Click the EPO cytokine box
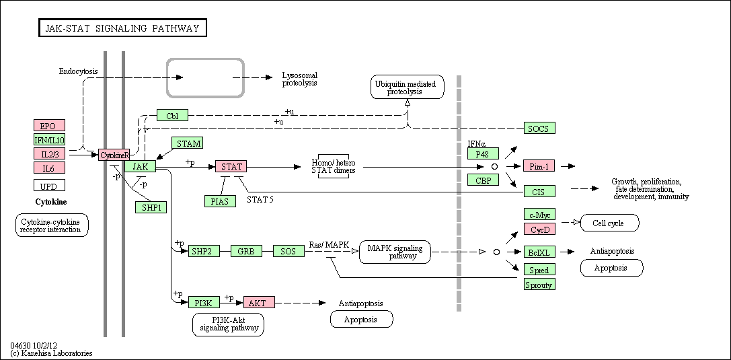(49, 125)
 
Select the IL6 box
(49, 168)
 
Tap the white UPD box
(49, 186)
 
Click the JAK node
(140, 166)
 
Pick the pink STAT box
(231, 166)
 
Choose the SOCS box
(539, 129)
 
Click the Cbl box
(172, 114)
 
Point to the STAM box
(188, 143)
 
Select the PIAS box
(220, 201)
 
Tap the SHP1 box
(151, 207)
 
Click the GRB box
(246, 251)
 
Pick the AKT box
(259, 302)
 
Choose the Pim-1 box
(539, 166)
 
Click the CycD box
(539, 229)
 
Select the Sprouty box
(539, 285)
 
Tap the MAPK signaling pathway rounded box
(395, 252)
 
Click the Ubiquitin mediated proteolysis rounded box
(408, 87)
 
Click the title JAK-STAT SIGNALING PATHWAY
(122, 28)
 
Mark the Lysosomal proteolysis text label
(300, 79)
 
